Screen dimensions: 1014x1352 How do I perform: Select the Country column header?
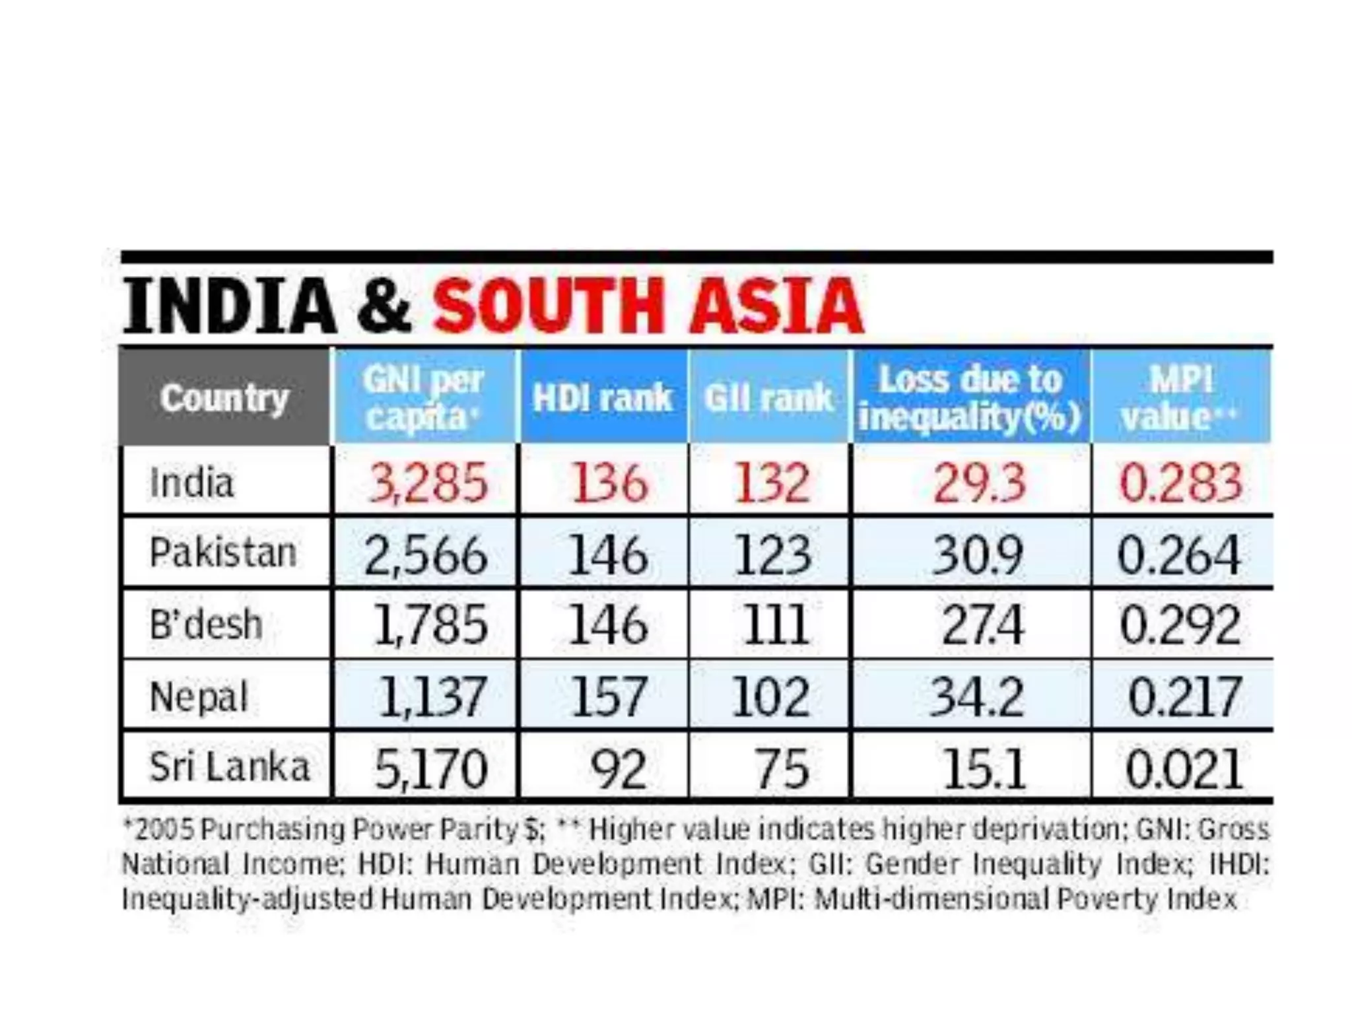click(x=224, y=398)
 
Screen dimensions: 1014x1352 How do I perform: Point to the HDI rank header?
click(x=602, y=398)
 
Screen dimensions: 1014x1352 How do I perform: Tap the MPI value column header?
click(x=1180, y=398)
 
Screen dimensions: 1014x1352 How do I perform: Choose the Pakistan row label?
click(x=223, y=553)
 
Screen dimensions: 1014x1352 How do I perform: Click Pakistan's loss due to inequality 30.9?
click(x=978, y=555)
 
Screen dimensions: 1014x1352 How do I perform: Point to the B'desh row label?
click(x=206, y=625)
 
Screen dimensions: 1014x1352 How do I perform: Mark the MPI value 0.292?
click(x=1180, y=625)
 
